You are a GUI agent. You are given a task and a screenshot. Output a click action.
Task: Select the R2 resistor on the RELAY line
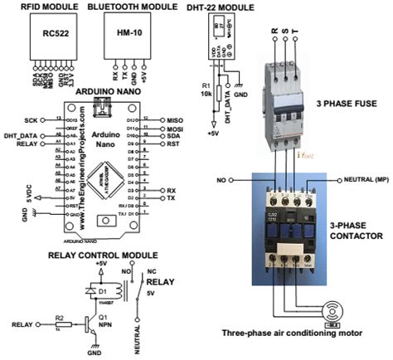tap(58, 323)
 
